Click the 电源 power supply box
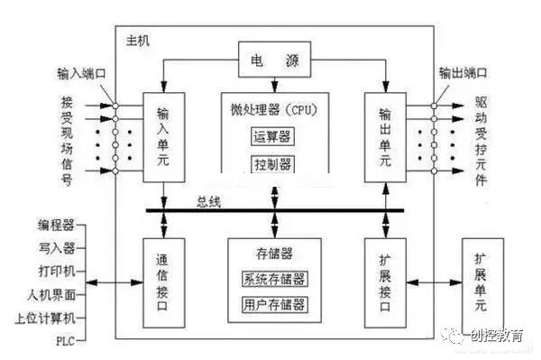tap(273, 62)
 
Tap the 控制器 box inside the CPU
tap(272, 163)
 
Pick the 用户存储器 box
tap(274, 304)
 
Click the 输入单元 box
tap(163, 133)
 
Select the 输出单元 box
tap(385, 133)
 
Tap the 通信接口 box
tap(163, 282)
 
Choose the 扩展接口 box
tap(385, 282)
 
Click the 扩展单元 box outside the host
tap(485, 282)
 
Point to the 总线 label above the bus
tap(209, 201)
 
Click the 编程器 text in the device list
tap(57, 225)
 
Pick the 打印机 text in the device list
tap(57, 271)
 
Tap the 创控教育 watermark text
tap(498, 336)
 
